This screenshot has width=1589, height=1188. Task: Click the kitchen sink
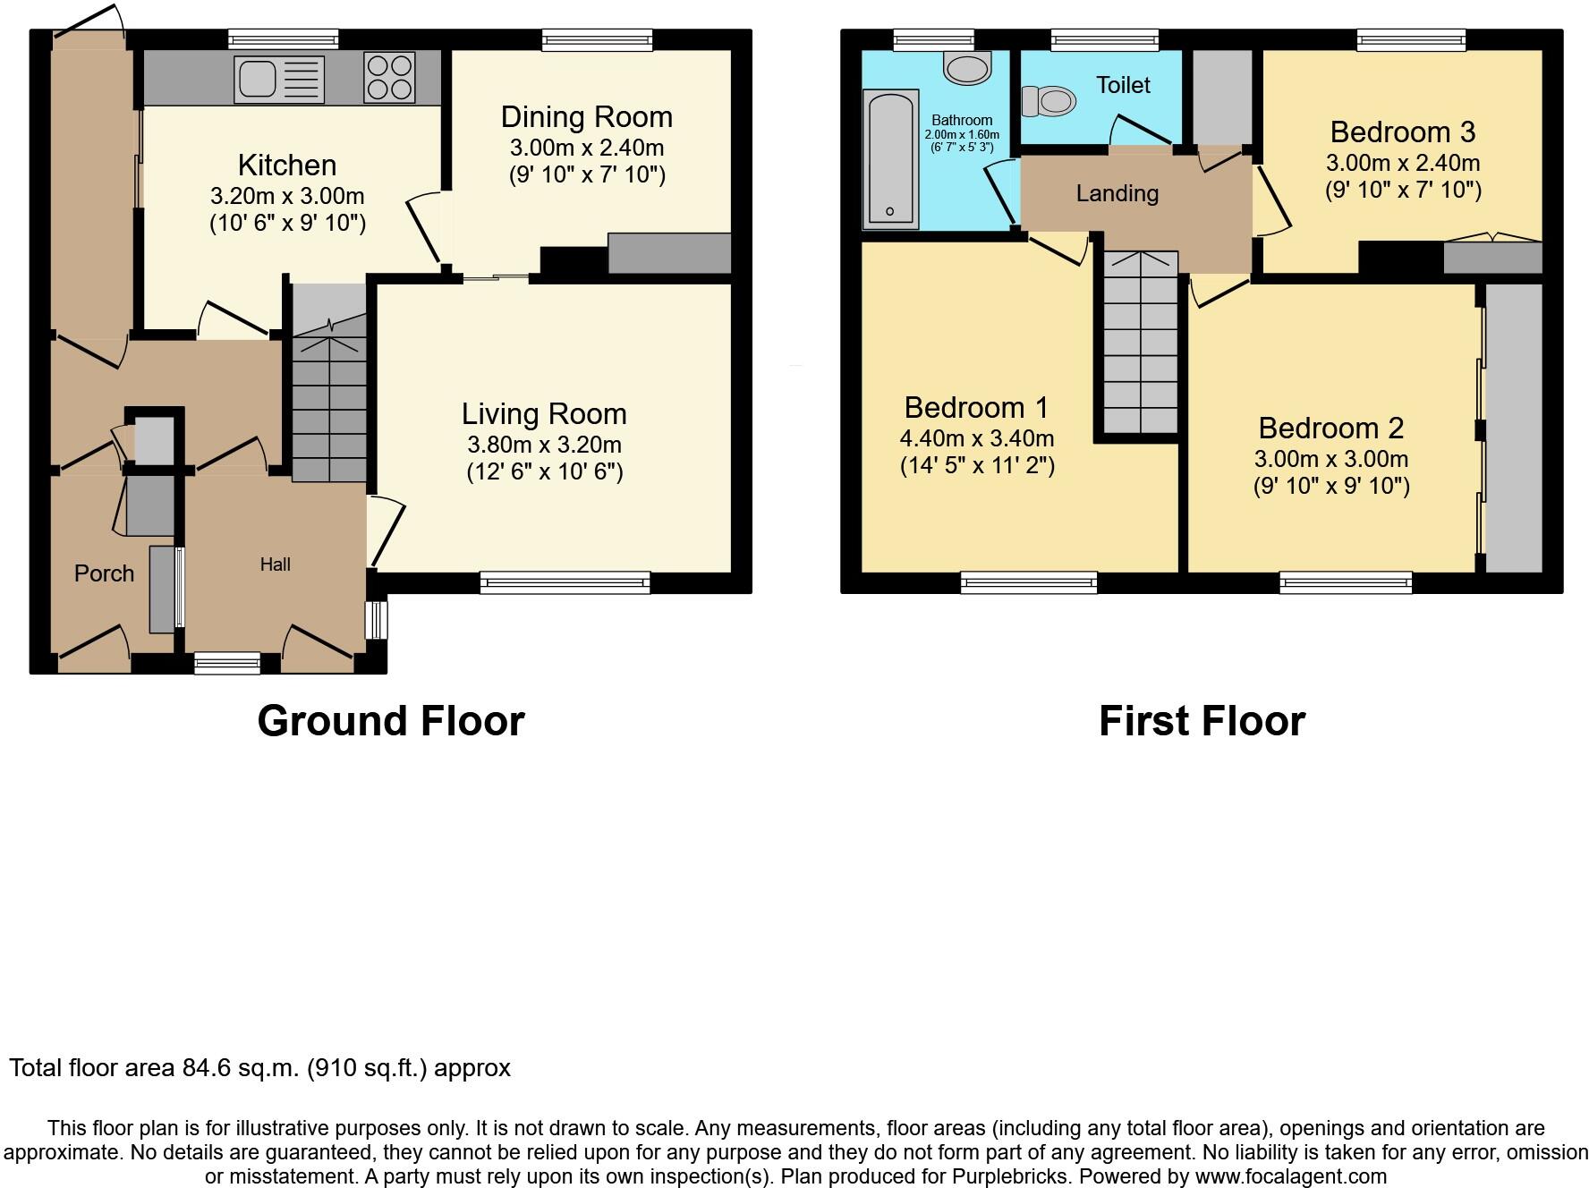tap(278, 78)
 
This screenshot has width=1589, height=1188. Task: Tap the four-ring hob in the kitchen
tap(389, 77)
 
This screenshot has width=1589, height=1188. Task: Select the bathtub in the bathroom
tap(890, 158)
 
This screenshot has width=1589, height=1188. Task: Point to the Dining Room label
tap(586, 117)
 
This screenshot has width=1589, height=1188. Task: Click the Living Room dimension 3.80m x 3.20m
tap(543, 445)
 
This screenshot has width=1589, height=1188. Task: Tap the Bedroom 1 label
tap(975, 408)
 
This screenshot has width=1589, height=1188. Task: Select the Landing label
tap(1117, 193)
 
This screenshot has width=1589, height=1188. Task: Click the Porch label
tap(104, 573)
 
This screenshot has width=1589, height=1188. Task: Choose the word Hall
tap(275, 564)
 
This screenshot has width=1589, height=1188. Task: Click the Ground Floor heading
tap(391, 721)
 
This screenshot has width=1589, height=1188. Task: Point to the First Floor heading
tap(1201, 721)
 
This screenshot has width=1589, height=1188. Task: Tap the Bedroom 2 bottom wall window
tap(1346, 583)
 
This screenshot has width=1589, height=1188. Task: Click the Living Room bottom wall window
tap(565, 583)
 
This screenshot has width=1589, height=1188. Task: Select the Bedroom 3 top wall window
tap(1411, 39)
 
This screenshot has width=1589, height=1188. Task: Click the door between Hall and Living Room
tap(387, 531)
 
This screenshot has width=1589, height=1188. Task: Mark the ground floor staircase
tap(330, 394)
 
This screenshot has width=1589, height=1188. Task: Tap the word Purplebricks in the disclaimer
tap(981, 1177)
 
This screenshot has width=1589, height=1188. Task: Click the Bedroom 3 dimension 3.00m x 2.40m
tap(1402, 164)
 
